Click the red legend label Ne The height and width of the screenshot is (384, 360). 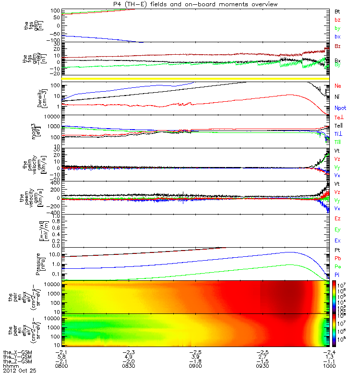point(338,86)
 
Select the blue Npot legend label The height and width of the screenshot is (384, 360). point(340,108)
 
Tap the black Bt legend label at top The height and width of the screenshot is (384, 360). point(337,11)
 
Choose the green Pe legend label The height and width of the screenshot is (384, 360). point(338,266)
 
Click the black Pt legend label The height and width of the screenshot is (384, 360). point(338,251)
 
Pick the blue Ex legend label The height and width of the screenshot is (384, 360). point(338,240)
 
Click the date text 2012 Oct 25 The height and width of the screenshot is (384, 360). point(20,371)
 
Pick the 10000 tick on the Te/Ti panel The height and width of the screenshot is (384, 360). point(53,117)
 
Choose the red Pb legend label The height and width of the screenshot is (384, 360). point(338,258)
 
